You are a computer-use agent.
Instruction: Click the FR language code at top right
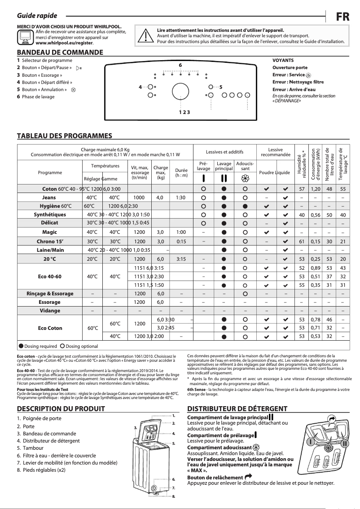click(343, 16)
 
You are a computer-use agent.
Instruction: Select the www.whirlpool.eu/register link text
click(64, 43)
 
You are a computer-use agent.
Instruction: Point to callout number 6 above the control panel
click(180, 66)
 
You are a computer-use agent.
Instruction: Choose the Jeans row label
click(49, 197)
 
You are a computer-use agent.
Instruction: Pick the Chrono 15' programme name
click(49, 241)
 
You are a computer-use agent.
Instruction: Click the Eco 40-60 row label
click(49, 276)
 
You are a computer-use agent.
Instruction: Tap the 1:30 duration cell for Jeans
click(181, 197)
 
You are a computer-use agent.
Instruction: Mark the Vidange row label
click(49, 311)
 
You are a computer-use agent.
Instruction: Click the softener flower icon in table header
click(245, 177)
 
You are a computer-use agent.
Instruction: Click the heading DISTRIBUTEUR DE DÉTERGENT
click(237, 409)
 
